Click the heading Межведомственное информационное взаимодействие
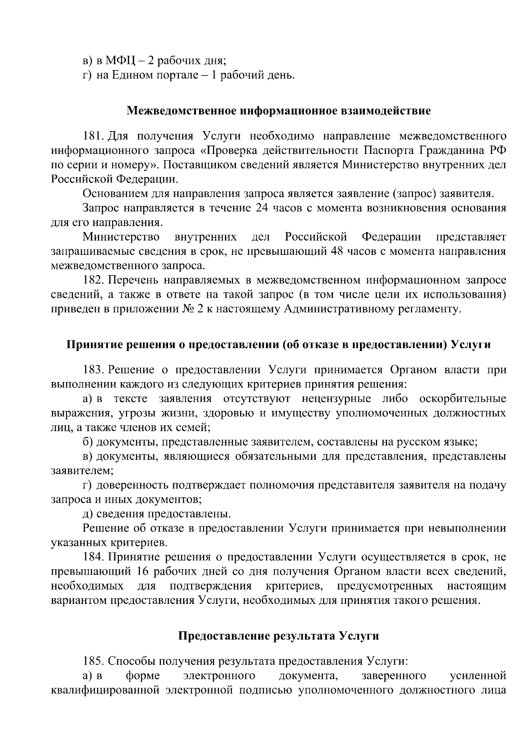click(x=279, y=110)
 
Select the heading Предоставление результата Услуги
click(x=279, y=636)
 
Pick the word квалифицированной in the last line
click(x=105, y=690)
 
